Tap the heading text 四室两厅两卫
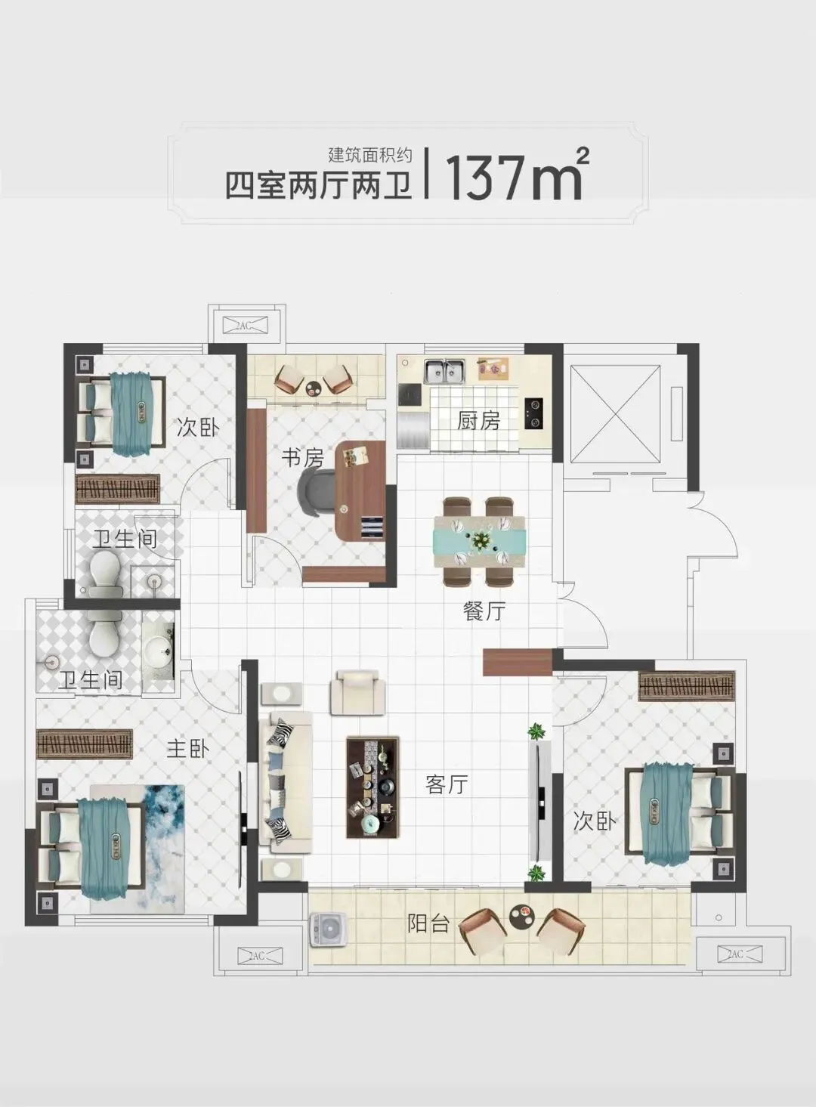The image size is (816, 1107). pyautogui.click(x=319, y=186)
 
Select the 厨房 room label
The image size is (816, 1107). pyautogui.click(x=478, y=421)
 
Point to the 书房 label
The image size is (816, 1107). pyautogui.click(x=302, y=458)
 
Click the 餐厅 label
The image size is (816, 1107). pyautogui.click(x=484, y=612)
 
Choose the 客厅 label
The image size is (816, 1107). pyautogui.click(x=447, y=784)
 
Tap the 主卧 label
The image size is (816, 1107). pyautogui.click(x=188, y=749)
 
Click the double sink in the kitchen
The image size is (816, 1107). pyautogui.click(x=444, y=371)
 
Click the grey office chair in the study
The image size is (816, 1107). pyautogui.click(x=317, y=492)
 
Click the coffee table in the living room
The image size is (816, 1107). pyautogui.click(x=372, y=788)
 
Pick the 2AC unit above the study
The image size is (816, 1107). pyautogui.click(x=245, y=325)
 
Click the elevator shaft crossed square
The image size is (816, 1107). pyautogui.click(x=615, y=414)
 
